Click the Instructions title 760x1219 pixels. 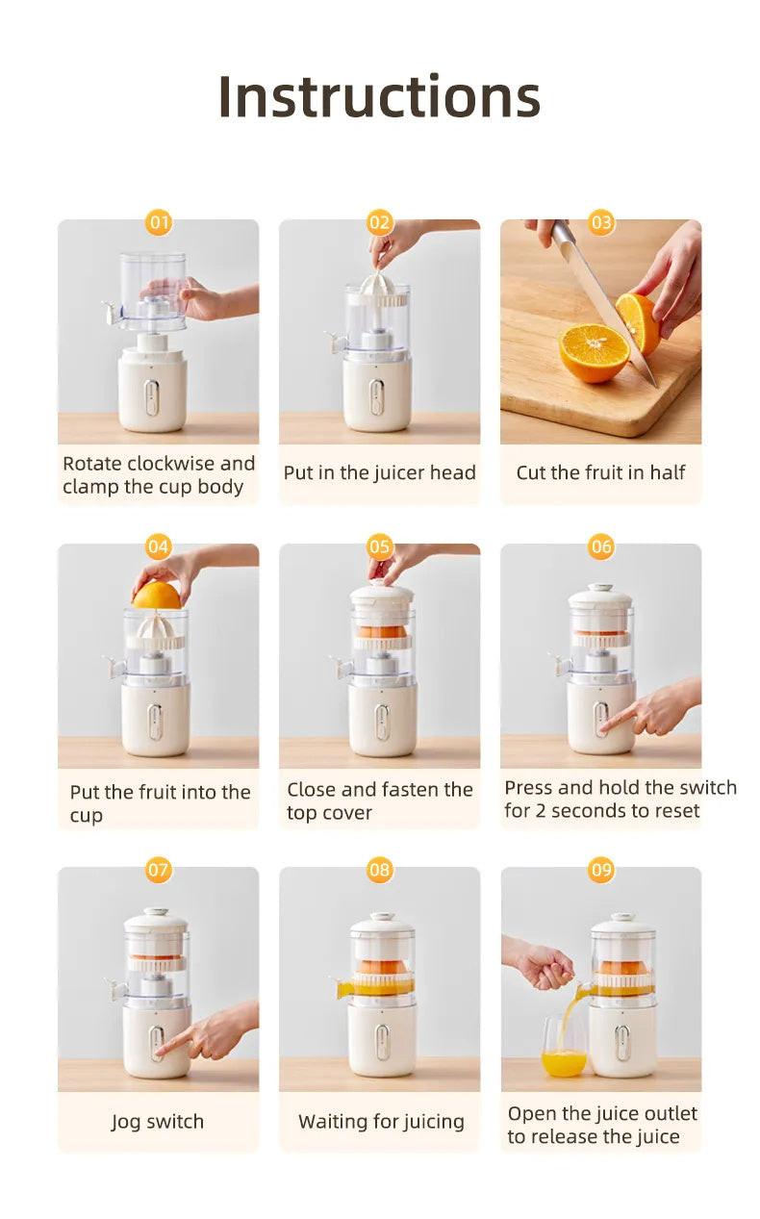pos(379,96)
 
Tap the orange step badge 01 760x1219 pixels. pos(159,223)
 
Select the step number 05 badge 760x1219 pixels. pos(380,547)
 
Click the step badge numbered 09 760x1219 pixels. pos(601,871)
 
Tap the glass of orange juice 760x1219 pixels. pos(564,1049)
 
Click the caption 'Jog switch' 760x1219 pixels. pos(158,1122)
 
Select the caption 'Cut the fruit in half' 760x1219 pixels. pos(601,472)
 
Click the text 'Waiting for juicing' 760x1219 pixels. pos(381,1122)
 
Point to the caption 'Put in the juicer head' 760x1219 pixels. pos(379,472)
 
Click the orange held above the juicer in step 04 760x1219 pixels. pos(157,596)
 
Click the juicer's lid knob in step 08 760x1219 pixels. pos(382,916)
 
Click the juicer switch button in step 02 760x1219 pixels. pos(377,396)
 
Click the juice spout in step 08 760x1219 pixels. pos(344,988)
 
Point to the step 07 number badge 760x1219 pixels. pos(159,871)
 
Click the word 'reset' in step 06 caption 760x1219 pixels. pos(674,811)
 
